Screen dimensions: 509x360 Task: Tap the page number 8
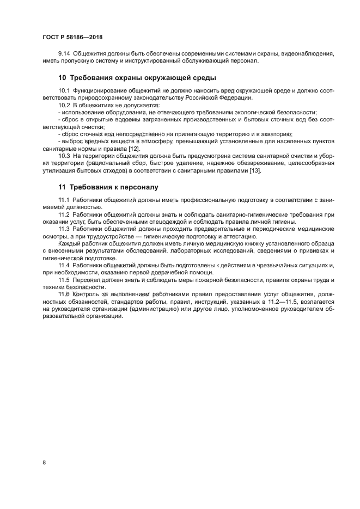44,463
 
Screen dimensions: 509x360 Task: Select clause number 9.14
64,53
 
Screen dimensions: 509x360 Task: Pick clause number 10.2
64,105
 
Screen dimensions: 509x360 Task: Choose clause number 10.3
64,156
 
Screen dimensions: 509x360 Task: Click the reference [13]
255,171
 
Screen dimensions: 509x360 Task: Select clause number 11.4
64,265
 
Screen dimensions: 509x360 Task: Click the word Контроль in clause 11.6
88,294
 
